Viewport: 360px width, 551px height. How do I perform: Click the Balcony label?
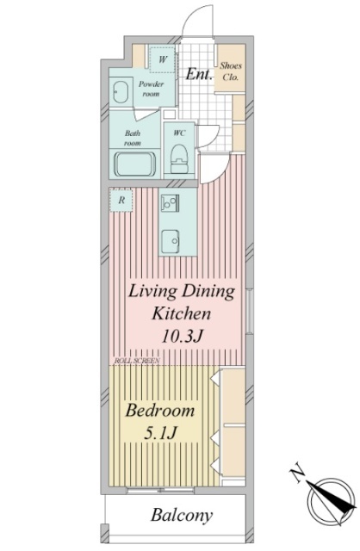pyautogui.click(x=182, y=516)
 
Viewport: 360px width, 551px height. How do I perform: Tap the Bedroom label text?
pyautogui.click(x=160, y=411)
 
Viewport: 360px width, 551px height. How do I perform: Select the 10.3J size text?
pyautogui.click(x=182, y=337)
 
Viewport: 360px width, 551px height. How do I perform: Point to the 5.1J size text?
pyautogui.click(x=160, y=433)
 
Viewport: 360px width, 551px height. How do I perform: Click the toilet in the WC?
pyautogui.click(x=179, y=158)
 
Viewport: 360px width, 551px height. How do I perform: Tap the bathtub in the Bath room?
pyautogui.click(x=135, y=164)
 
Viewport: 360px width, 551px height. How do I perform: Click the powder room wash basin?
pyautogui.click(x=121, y=92)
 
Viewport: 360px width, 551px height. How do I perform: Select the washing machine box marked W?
pyautogui.click(x=162, y=59)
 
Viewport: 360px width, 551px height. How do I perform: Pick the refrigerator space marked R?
pyautogui.click(x=121, y=201)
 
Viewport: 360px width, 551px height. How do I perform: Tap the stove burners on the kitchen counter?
pyautogui.click(x=171, y=203)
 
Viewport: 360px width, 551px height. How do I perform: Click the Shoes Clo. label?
pyautogui.click(x=231, y=71)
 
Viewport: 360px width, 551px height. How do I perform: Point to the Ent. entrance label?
pyautogui.click(x=199, y=74)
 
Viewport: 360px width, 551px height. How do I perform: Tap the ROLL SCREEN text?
pyautogui.click(x=137, y=361)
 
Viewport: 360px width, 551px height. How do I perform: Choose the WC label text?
pyautogui.click(x=179, y=133)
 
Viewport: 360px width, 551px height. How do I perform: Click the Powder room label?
pyautogui.click(x=152, y=89)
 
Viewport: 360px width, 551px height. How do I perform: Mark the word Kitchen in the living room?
pyautogui.click(x=181, y=313)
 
